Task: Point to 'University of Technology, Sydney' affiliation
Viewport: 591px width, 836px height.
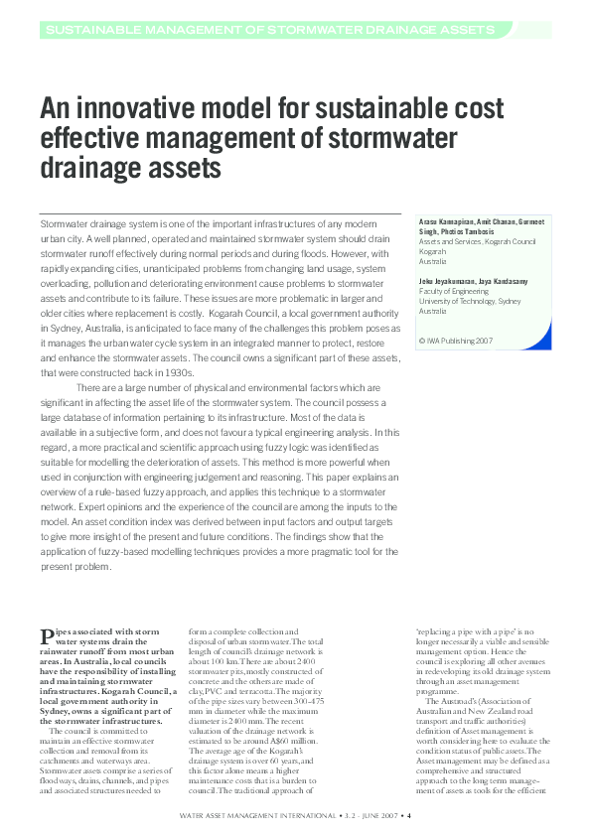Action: pos(468,300)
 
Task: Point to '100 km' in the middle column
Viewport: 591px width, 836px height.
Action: pos(213,663)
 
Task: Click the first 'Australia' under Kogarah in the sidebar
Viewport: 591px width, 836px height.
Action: pos(434,259)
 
